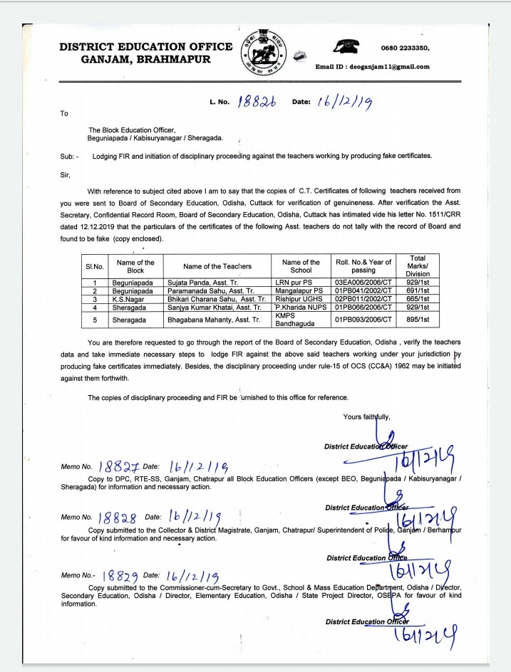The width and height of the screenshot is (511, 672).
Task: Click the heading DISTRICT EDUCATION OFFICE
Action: pyautogui.click(x=145, y=47)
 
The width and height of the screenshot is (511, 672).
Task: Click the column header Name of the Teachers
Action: pyautogui.click(x=217, y=266)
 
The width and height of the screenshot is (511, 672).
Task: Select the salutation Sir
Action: pyautogui.click(x=66, y=173)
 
